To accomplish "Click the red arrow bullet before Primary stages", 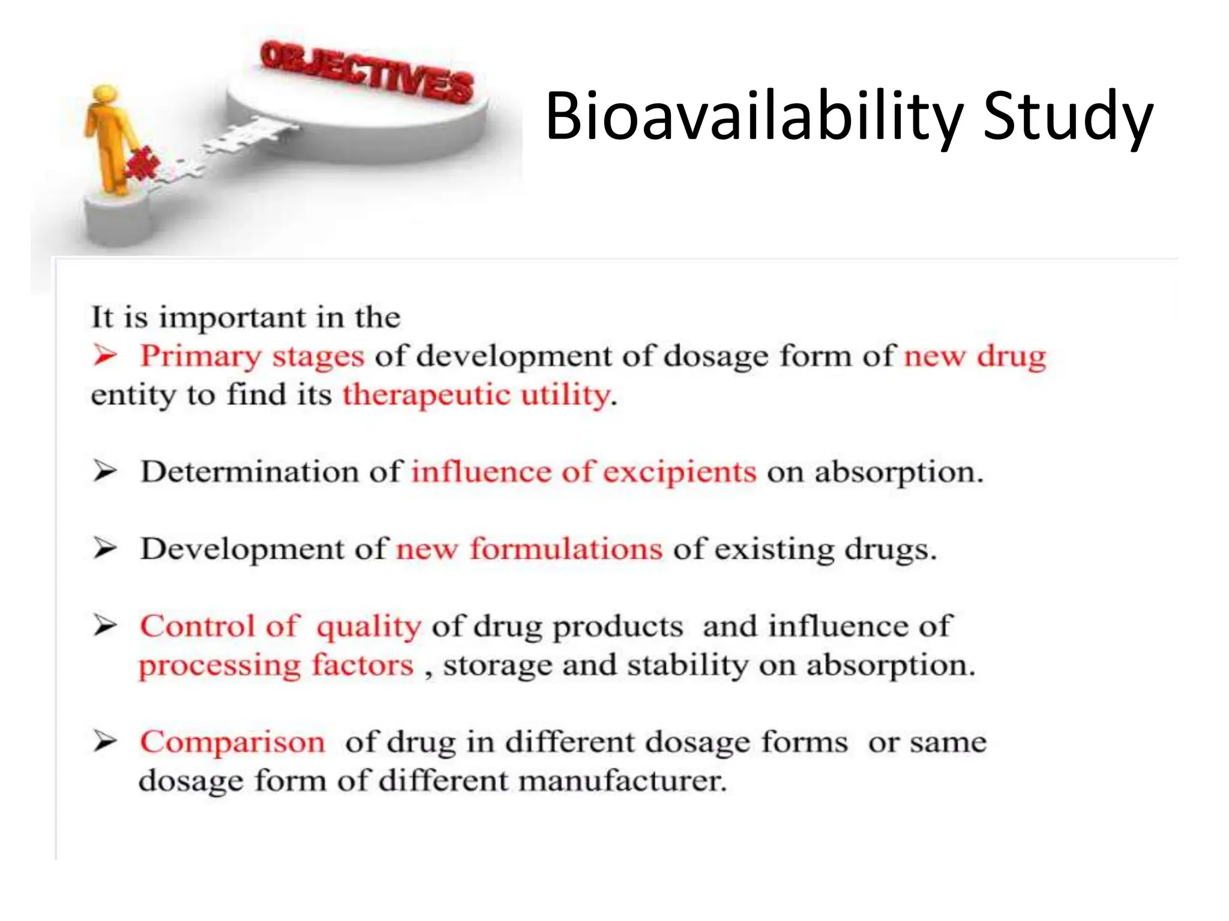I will pyautogui.click(x=104, y=356).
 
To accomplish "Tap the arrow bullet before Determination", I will pyautogui.click(x=104, y=472).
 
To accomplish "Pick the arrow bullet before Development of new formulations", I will pyautogui.click(x=104, y=549).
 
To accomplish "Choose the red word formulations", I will pyautogui.click(x=566, y=549).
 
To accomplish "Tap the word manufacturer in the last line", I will pyautogui.click(x=622, y=781).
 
